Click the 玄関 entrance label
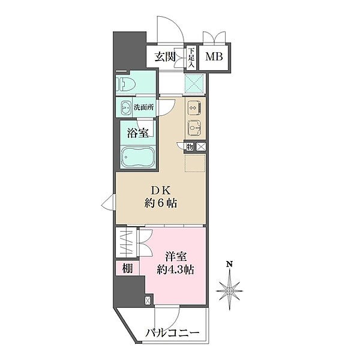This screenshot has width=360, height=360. [x=166, y=58]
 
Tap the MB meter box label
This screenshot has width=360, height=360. [x=213, y=58]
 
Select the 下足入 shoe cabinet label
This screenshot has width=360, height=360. [x=191, y=58]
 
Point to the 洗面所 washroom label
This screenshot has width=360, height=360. [x=142, y=107]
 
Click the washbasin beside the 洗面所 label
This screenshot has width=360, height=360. [x=125, y=108]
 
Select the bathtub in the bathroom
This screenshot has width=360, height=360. [x=138, y=159]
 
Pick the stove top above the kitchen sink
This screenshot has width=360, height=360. [x=194, y=108]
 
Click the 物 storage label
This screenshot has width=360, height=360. [x=189, y=146]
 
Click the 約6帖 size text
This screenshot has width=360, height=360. [x=160, y=203]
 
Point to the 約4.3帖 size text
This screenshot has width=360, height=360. [x=176, y=269]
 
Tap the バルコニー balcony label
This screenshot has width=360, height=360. [x=172, y=332]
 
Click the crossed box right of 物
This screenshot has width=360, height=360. [x=201, y=146]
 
